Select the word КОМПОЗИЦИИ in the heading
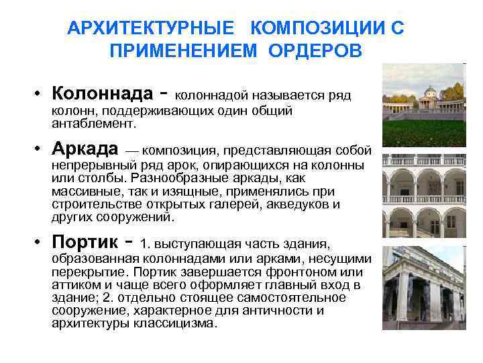313,29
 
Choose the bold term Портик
87,241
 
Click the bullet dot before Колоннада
40,93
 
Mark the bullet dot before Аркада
40,149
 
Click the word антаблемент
93,124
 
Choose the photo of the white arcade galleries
423,195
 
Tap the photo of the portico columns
423,286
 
